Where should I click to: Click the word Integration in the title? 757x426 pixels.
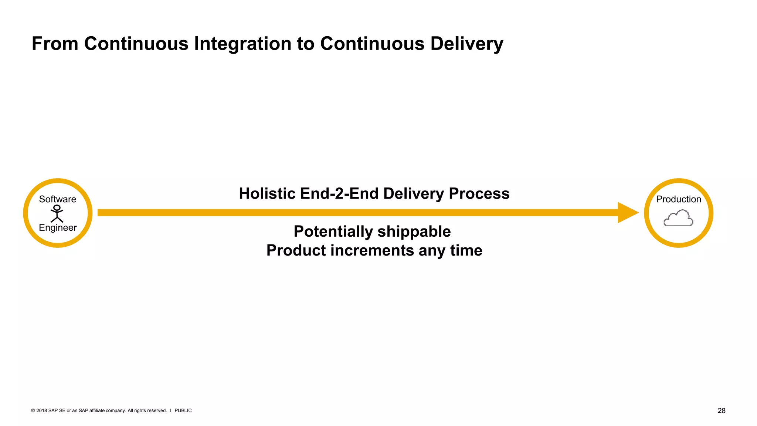[x=243, y=44]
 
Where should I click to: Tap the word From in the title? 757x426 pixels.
[x=55, y=44]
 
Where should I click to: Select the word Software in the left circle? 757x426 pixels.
[x=58, y=199]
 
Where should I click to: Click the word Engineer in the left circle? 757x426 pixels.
[x=58, y=227]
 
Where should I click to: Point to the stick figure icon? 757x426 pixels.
[x=57, y=214]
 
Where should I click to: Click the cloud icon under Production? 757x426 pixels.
[x=678, y=218]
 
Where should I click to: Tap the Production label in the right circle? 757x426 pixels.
[x=678, y=199]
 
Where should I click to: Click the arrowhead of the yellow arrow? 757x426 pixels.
[x=627, y=213]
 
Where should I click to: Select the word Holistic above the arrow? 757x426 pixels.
[x=267, y=194]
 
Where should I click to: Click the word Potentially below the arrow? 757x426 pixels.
[x=333, y=232]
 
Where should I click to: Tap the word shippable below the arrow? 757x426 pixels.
[x=414, y=232]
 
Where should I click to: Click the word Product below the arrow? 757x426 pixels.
[x=296, y=251]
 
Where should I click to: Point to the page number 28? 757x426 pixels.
[x=721, y=410]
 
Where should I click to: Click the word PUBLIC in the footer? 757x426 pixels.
[x=183, y=410]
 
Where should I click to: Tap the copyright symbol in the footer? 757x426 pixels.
[x=33, y=410]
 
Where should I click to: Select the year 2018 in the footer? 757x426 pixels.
[x=41, y=410]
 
